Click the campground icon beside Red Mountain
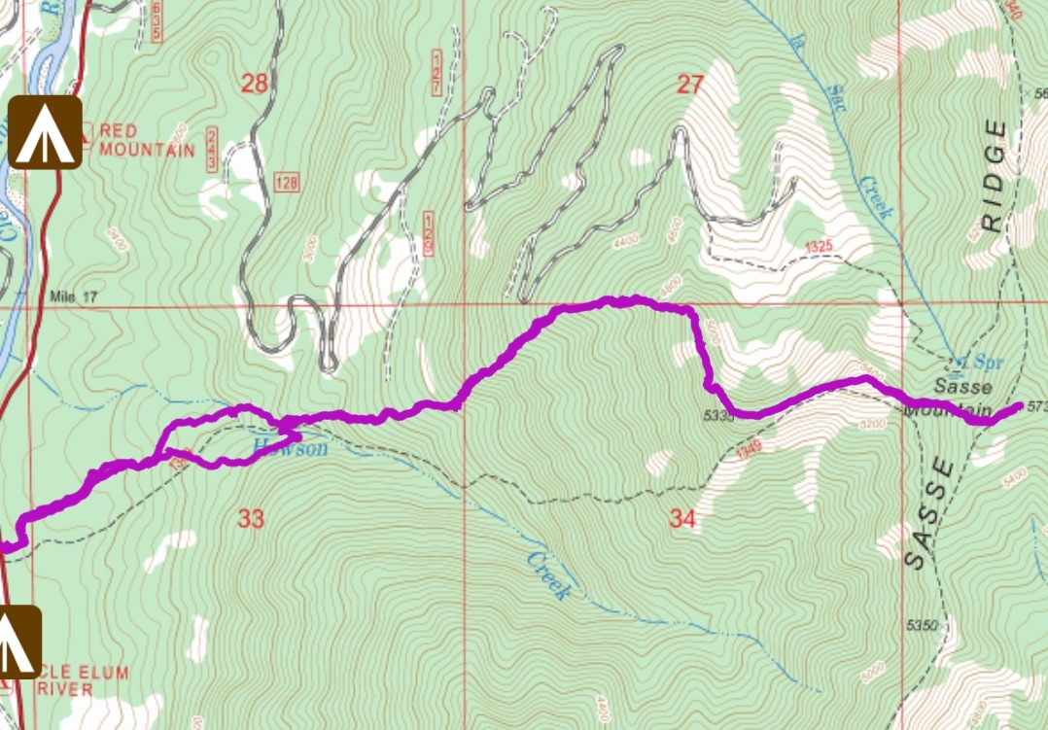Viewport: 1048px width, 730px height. tap(45, 131)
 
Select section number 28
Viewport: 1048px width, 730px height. tap(254, 84)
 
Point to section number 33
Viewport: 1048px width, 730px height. tap(251, 519)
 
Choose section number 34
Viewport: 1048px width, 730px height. tap(682, 519)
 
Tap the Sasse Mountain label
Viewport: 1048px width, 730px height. tap(950, 399)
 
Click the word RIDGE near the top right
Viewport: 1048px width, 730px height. tap(993, 175)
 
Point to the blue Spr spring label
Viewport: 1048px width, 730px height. tap(976, 362)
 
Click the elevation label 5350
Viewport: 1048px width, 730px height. tap(921, 625)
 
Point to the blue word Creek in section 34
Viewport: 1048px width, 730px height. tap(546, 574)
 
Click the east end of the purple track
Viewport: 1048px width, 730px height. tap(1018, 405)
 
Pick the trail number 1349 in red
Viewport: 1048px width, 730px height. tap(747, 448)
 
